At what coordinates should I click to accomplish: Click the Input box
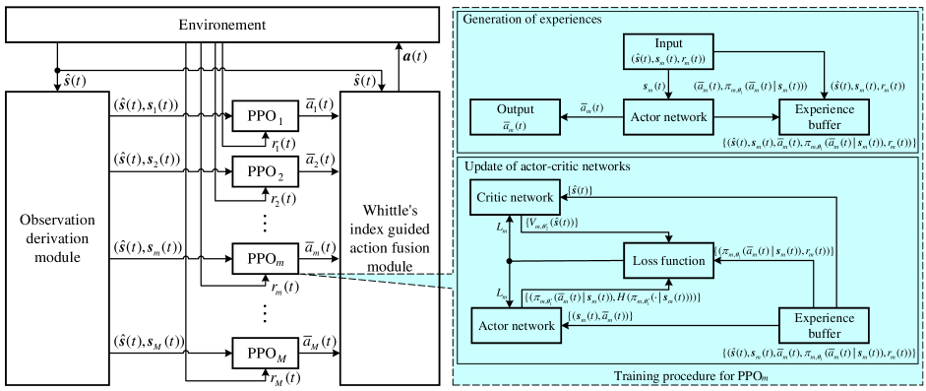point(668,52)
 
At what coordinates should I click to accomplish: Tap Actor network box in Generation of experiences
point(668,118)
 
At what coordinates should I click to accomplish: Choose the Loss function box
point(668,261)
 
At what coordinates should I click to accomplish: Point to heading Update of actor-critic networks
point(546,166)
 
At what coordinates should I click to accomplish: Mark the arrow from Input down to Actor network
point(668,85)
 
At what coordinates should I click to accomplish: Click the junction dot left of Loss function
point(508,261)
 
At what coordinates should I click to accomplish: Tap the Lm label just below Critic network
point(501,228)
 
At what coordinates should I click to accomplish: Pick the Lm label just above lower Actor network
point(501,294)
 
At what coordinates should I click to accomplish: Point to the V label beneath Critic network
point(550,225)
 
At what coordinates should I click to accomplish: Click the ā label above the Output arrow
point(591,106)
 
